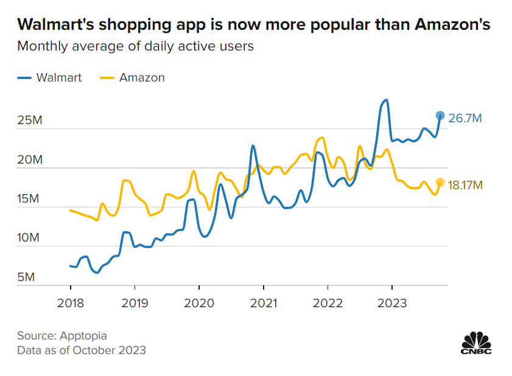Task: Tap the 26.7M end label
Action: tap(465, 118)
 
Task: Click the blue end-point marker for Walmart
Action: tap(441, 116)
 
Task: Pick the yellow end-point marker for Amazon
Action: tap(441, 182)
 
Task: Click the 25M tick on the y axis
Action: tap(29, 120)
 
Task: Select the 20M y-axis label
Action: tap(29, 160)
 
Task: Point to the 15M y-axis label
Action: tap(29, 199)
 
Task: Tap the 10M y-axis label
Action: tap(29, 238)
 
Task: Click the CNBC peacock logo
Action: tap(475, 343)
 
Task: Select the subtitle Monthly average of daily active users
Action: tap(135, 46)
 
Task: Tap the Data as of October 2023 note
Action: tap(82, 350)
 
